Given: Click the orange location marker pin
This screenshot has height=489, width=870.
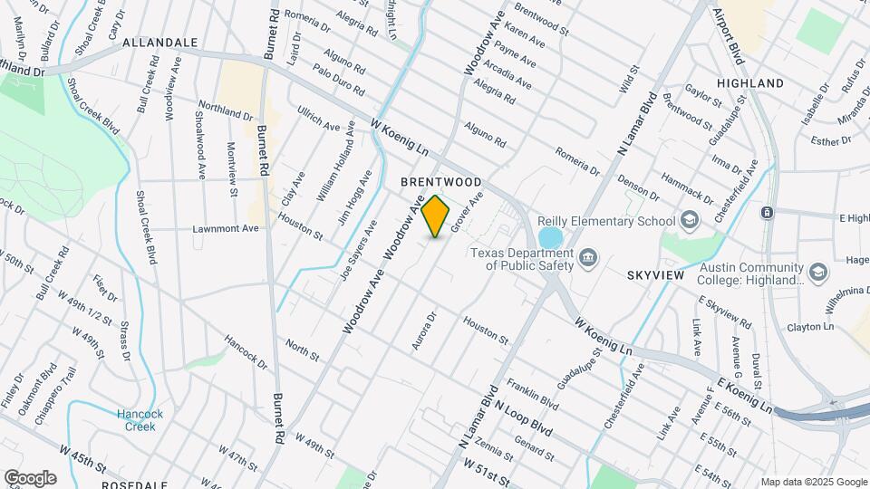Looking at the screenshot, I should [436, 216].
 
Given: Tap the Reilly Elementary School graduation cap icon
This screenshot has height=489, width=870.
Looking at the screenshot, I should [690, 220].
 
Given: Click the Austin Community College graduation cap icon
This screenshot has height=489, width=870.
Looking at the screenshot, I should [818, 273].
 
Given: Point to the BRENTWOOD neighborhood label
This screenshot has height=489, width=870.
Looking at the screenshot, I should [440, 182].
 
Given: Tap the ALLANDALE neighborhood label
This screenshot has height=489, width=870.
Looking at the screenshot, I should [159, 43].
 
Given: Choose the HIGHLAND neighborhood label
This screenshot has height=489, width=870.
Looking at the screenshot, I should [749, 83].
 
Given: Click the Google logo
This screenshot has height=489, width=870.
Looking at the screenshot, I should [30, 478].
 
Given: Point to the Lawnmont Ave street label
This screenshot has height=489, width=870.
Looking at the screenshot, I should [226, 228].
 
